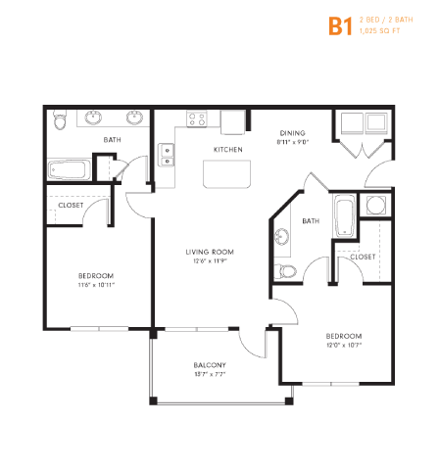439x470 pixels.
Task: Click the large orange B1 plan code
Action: point(339,26)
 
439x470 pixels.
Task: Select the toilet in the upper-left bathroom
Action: point(61,120)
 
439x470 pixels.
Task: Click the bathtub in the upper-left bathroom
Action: point(69,167)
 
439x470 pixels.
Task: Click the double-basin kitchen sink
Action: point(167,155)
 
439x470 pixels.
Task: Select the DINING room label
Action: point(293,133)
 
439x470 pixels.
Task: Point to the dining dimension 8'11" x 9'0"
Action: point(293,143)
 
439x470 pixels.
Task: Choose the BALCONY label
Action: point(210,365)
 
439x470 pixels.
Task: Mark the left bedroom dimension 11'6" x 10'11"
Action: point(97,286)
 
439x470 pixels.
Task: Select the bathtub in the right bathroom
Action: point(343,216)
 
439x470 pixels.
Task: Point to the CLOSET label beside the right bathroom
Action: point(363,257)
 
